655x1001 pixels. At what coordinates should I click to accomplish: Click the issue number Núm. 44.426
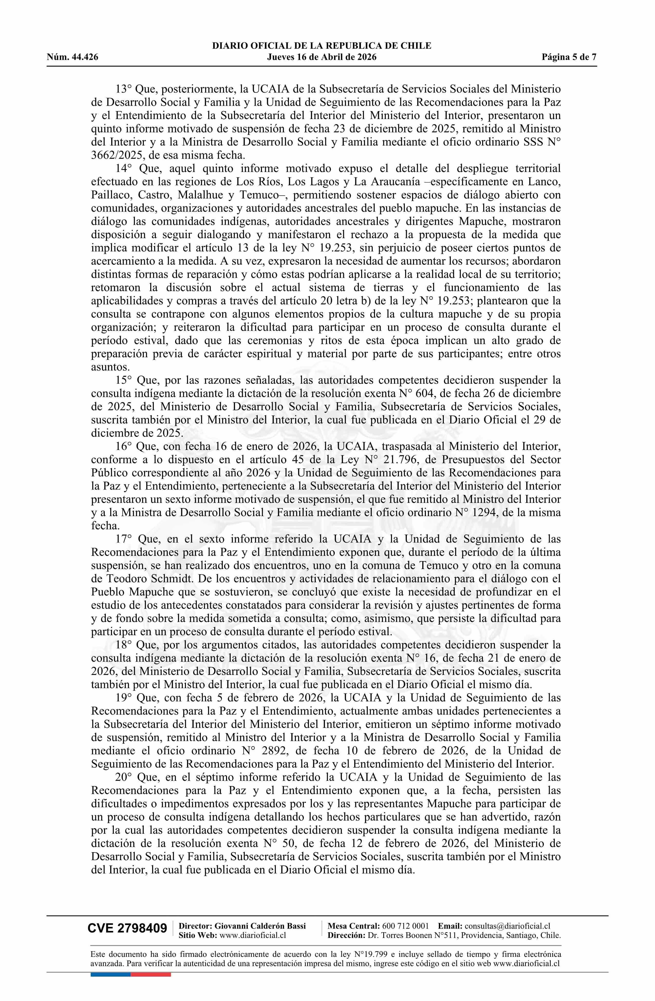pyautogui.click(x=72, y=57)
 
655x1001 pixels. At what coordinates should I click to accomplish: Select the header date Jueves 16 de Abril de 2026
pyautogui.click(x=322, y=57)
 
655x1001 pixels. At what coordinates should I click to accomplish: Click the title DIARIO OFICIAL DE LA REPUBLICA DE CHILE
pyautogui.click(x=322, y=46)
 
